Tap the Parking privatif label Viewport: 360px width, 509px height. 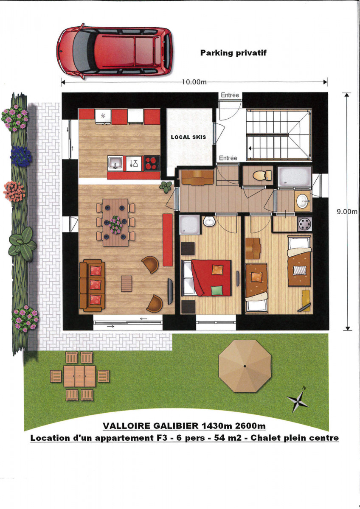tap(233, 53)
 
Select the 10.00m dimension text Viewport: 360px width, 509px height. tap(194, 82)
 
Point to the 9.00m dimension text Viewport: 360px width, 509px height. tap(348, 211)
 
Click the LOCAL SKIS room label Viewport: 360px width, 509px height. tap(188, 137)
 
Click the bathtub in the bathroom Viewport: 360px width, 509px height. tap(295, 176)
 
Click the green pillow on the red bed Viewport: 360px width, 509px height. tap(217, 291)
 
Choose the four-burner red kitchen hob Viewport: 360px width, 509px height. tap(152, 163)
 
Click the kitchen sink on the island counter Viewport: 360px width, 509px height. tap(115, 162)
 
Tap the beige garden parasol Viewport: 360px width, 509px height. tap(245, 366)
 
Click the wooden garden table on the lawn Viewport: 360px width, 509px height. tap(79, 376)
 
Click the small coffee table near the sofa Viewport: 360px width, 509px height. tap(127, 283)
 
